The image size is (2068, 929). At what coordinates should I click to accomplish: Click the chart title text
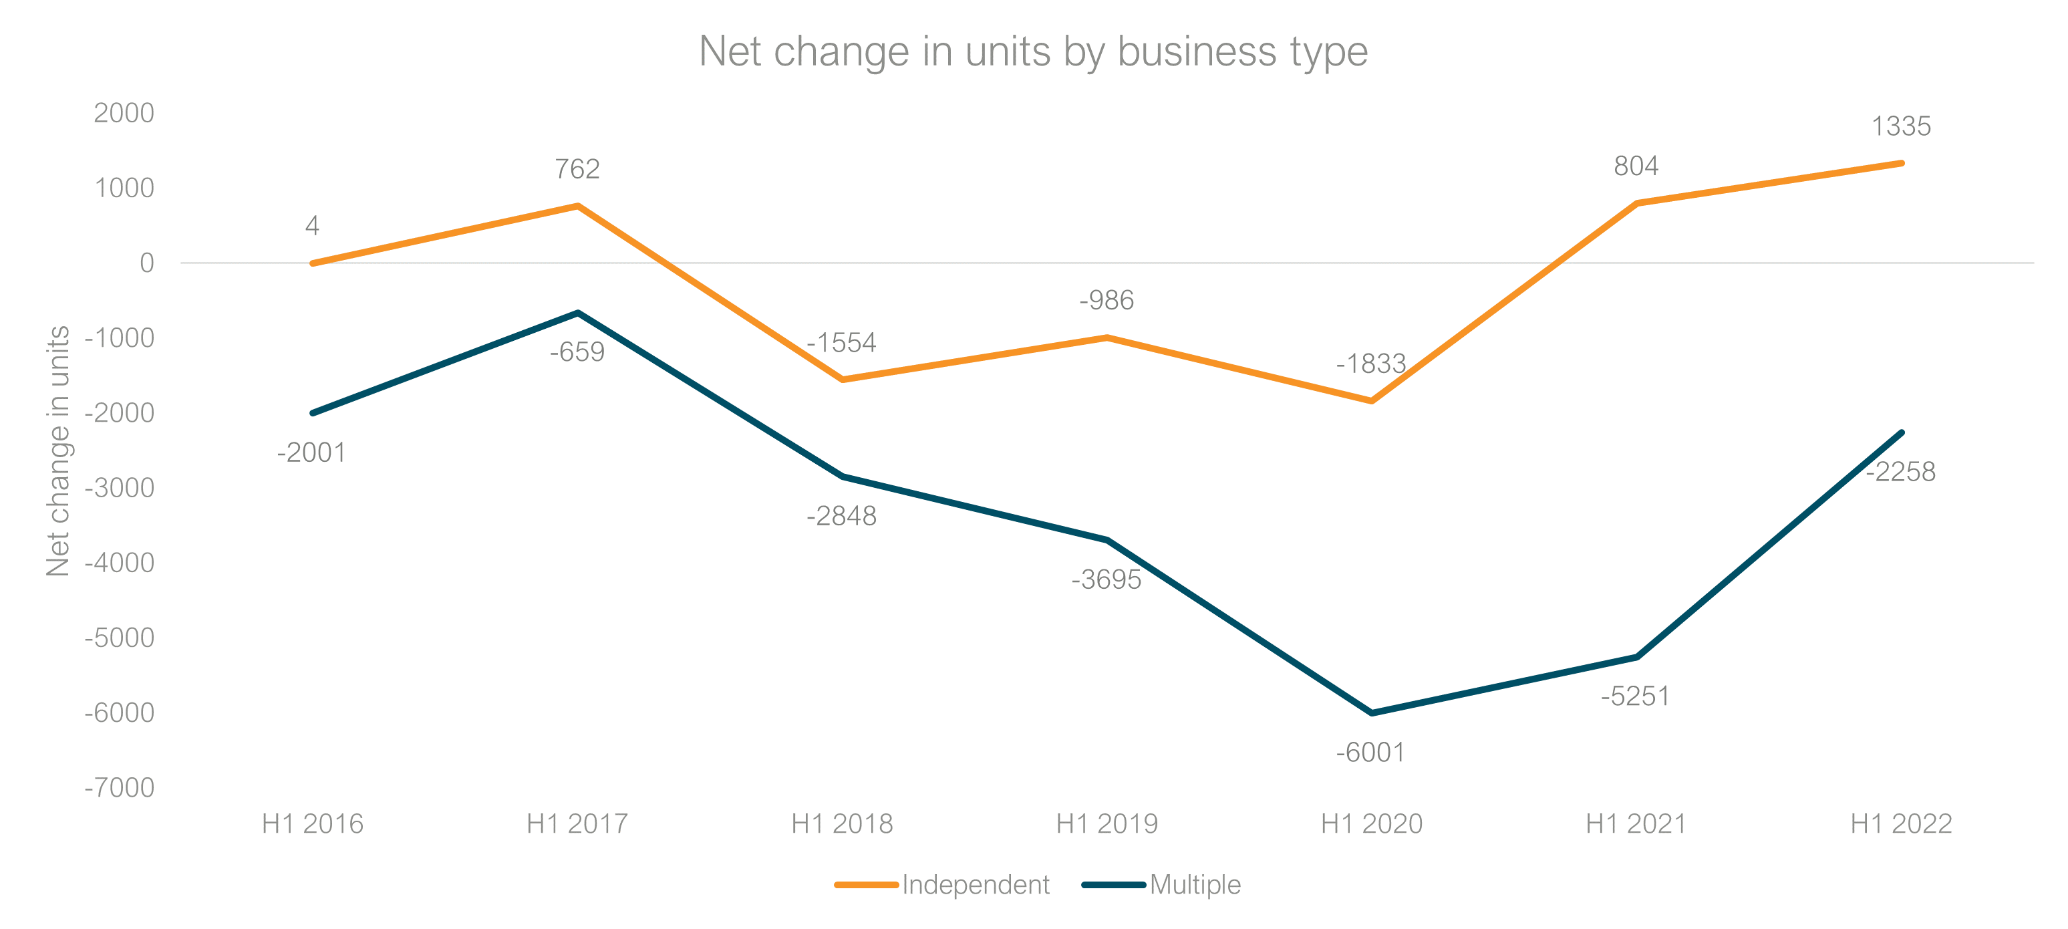pyautogui.click(x=1032, y=51)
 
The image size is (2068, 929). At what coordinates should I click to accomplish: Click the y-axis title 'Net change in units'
pyautogui.click(x=58, y=450)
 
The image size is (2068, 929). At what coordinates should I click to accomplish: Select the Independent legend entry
pyautogui.click(x=975, y=884)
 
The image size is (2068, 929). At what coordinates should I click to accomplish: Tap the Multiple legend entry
pyautogui.click(x=1195, y=884)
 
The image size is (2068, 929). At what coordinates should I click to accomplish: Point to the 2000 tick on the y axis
pyautogui.click(x=124, y=113)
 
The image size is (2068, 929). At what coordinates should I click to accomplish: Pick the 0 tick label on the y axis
pyautogui.click(x=146, y=263)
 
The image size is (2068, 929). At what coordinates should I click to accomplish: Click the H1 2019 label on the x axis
pyautogui.click(x=1106, y=824)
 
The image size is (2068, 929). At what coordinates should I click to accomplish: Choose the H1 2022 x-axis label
pyautogui.click(x=1900, y=824)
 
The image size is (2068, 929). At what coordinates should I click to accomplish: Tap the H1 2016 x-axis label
pyautogui.click(x=312, y=824)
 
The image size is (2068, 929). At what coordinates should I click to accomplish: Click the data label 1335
pyautogui.click(x=1900, y=126)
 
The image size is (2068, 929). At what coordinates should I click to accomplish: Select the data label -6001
pyautogui.click(x=1370, y=753)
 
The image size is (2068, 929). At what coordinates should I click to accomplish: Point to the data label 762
pyautogui.click(x=577, y=168)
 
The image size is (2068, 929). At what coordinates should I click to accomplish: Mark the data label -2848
pyautogui.click(x=841, y=515)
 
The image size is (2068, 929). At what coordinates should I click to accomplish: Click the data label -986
pyautogui.click(x=1106, y=300)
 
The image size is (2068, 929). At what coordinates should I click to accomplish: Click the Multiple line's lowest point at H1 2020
pyautogui.click(x=1371, y=713)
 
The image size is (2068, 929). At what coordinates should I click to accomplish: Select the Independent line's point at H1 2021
pyautogui.click(x=1636, y=203)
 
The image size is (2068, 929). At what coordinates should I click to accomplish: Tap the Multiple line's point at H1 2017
pyautogui.click(x=577, y=312)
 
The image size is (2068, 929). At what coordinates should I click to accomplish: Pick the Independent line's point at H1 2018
pyautogui.click(x=842, y=380)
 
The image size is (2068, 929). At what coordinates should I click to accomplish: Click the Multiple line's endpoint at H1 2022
pyautogui.click(x=1901, y=433)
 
